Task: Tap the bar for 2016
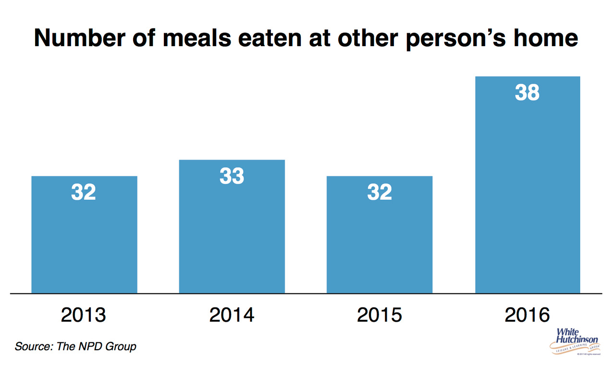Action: (x=528, y=192)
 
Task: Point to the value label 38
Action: (x=528, y=93)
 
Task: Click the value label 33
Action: (x=232, y=176)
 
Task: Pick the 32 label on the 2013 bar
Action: (x=84, y=192)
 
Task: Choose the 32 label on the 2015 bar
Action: (x=380, y=192)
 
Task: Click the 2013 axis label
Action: (x=84, y=315)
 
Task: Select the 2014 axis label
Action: (x=232, y=315)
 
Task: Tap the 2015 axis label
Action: (x=380, y=315)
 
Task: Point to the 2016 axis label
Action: (x=528, y=315)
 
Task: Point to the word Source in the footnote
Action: (x=33, y=346)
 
